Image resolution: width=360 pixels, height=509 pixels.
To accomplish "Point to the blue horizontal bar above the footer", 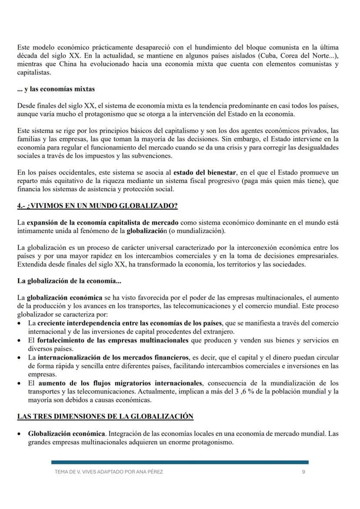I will point(180,462).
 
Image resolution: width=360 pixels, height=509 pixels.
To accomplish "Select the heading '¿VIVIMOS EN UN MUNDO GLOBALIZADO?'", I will point(97,206).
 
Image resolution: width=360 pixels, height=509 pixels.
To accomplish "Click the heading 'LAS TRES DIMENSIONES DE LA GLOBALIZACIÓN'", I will point(105,416).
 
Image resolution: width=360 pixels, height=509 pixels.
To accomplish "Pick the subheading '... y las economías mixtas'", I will point(56,89).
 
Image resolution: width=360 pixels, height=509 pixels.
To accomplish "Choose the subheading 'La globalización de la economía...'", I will point(69,281).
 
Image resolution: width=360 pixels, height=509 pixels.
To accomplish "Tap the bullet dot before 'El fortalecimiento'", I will point(20,340).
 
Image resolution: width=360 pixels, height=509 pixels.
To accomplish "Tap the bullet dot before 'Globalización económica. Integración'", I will point(20,434).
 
